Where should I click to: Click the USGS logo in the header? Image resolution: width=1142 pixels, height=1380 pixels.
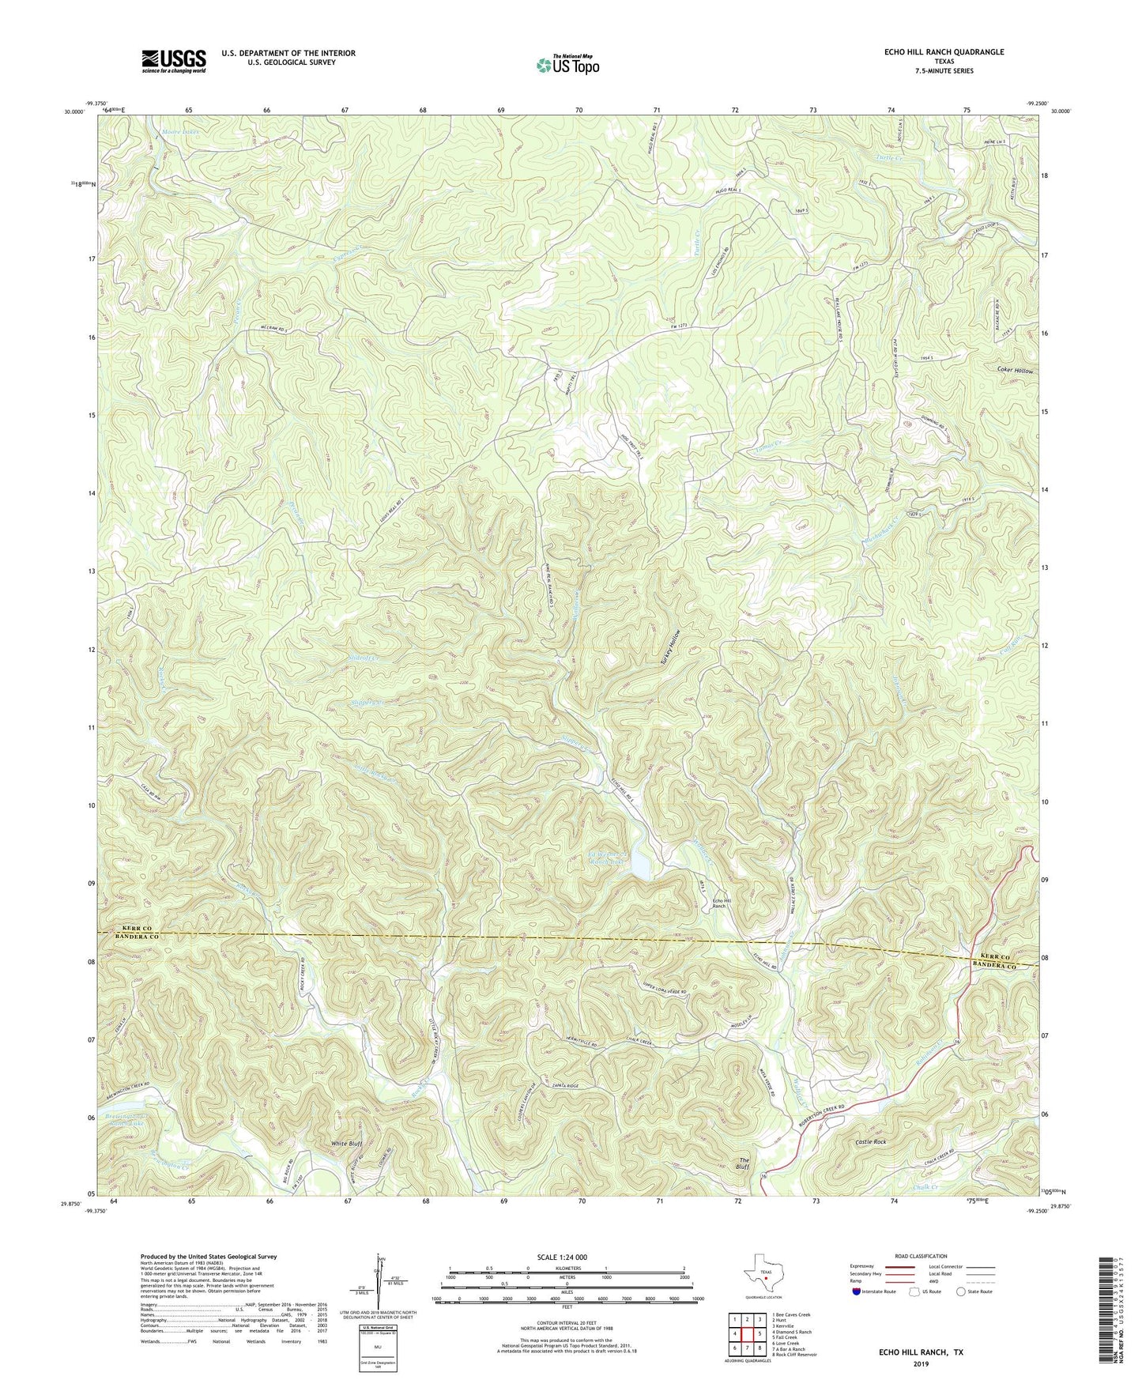[174, 61]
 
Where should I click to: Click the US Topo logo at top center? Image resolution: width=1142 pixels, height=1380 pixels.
[566, 65]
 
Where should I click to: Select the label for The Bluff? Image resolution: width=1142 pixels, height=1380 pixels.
[743, 1163]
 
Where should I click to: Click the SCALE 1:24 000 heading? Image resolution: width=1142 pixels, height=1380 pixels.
[565, 1257]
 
